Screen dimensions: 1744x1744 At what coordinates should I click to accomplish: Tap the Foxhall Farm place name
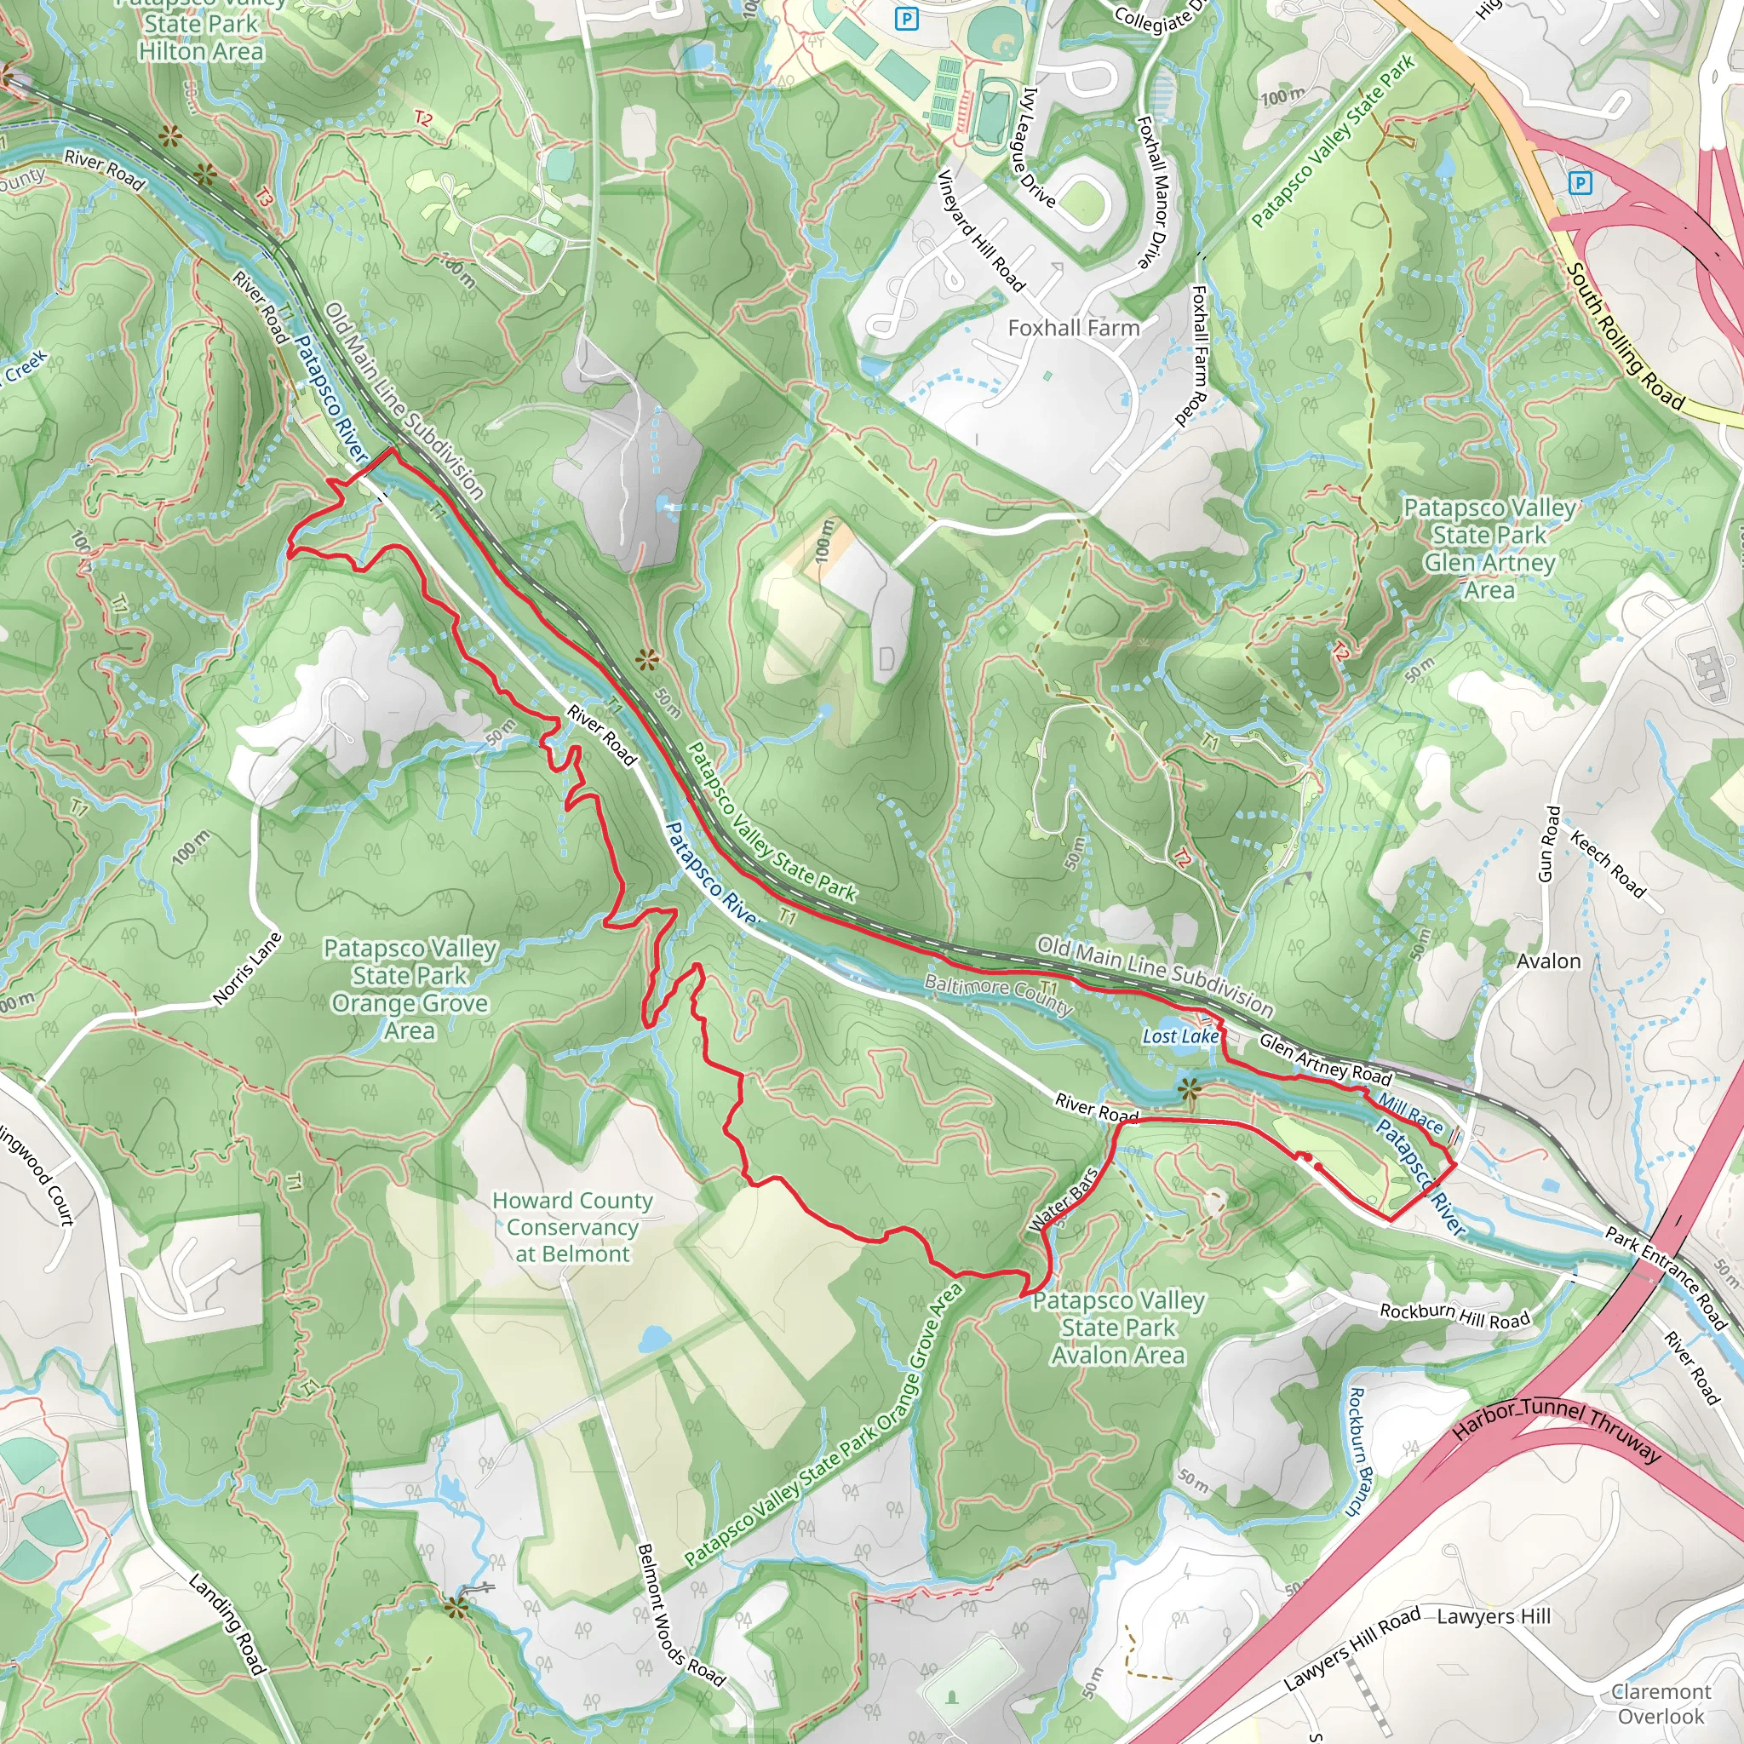pos(1073,328)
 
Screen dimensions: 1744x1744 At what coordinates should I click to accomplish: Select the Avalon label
pos(1548,961)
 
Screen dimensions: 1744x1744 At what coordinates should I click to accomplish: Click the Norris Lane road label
pos(247,968)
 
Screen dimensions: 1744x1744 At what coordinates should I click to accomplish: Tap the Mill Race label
pos(1410,1114)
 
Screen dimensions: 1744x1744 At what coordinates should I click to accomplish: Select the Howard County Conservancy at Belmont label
pos(572,1227)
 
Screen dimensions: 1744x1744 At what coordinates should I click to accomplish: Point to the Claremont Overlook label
pos(1660,1703)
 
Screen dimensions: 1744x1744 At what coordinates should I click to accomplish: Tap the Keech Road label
pos(1608,865)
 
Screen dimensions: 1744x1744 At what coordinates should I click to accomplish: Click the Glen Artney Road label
pos(1325,1058)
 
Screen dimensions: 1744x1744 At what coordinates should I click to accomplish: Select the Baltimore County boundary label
pos(997,995)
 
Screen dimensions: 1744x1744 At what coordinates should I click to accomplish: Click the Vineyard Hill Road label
pos(981,231)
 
